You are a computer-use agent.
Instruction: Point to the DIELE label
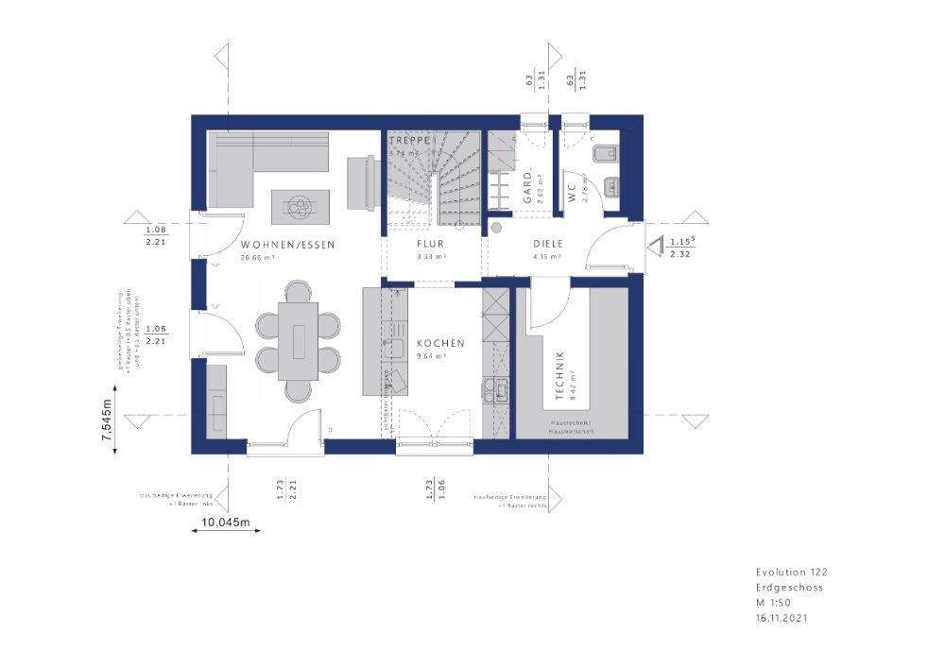click(x=548, y=243)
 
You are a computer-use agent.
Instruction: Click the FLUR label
click(x=431, y=243)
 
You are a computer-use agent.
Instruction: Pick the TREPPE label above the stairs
click(x=410, y=140)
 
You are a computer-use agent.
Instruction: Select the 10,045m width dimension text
click(x=223, y=522)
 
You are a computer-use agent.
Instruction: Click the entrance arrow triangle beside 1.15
click(x=654, y=248)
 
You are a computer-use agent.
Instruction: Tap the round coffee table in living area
click(x=301, y=202)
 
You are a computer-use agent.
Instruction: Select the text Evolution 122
click(x=791, y=572)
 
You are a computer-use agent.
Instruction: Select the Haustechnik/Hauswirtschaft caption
click(x=571, y=425)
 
